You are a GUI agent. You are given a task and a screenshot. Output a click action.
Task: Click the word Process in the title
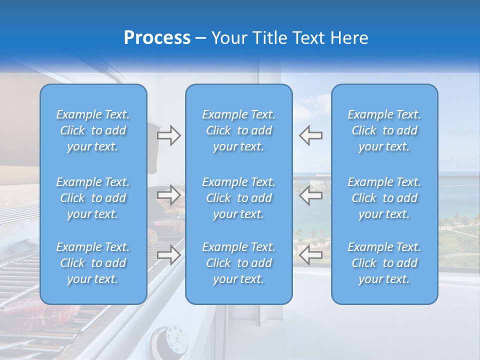pyautogui.click(x=157, y=38)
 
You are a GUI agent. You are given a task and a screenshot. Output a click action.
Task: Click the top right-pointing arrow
pyautogui.click(x=168, y=135)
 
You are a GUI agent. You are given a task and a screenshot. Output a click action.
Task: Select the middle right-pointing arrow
pyautogui.click(x=168, y=195)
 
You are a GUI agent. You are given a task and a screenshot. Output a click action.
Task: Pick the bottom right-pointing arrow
pyautogui.click(x=168, y=255)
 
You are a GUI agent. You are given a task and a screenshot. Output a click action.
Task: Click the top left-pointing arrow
pyautogui.click(x=310, y=135)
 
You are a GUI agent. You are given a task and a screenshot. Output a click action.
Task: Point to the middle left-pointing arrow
pyautogui.click(x=310, y=195)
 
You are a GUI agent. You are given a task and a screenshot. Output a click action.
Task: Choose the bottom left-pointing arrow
pyautogui.click(x=310, y=255)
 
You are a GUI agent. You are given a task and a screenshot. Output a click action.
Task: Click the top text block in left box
pyautogui.click(x=93, y=130)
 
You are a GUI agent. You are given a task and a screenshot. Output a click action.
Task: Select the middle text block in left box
pyautogui.click(x=93, y=198)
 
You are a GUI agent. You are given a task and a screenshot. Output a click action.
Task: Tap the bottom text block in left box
pyautogui.click(x=93, y=263)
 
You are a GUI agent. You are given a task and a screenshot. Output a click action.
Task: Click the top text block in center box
pyautogui.click(x=239, y=130)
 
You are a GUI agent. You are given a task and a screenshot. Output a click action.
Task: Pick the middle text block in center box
pyautogui.click(x=239, y=198)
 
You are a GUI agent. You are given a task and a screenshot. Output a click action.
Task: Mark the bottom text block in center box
pyautogui.click(x=239, y=263)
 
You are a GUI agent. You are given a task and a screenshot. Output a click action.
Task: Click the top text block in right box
pyautogui.click(x=384, y=130)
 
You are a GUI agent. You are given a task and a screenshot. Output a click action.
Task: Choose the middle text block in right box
pyautogui.click(x=384, y=198)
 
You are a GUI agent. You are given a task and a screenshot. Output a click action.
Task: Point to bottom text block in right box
pyautogui.click(x=384, y=263)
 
